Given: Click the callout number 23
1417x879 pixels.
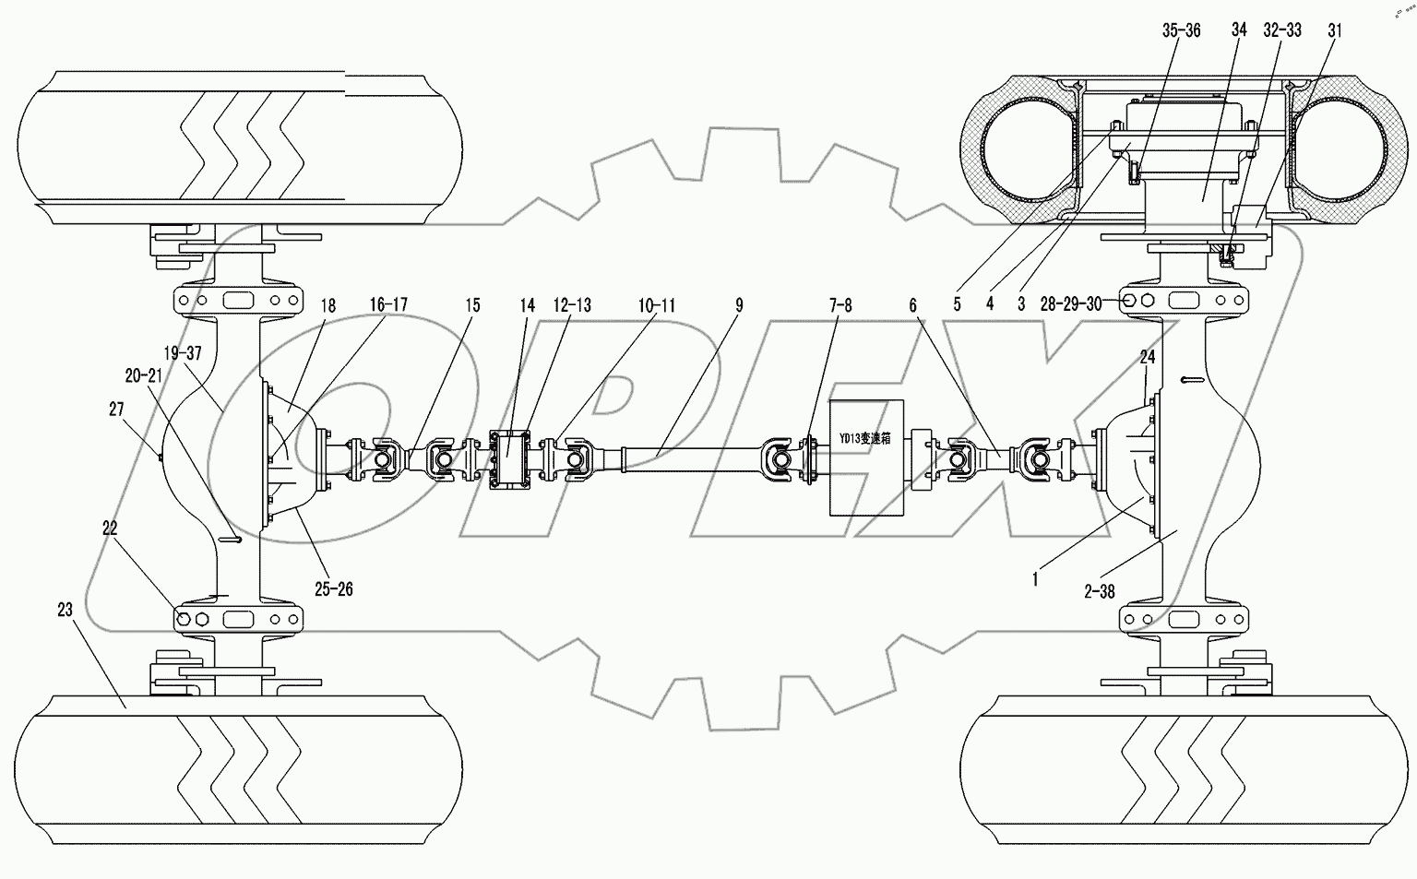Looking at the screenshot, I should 64,609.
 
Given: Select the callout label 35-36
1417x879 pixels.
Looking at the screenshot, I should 1181,31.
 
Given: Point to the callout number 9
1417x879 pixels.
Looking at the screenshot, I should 739,304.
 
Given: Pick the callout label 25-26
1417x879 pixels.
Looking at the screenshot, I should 332,588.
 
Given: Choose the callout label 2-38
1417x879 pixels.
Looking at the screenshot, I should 1099,592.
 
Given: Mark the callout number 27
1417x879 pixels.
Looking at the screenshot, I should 116,410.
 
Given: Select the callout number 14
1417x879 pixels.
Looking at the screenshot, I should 526,304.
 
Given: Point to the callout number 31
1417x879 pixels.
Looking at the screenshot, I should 1335,31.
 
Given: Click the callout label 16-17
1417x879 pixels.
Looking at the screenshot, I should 388,304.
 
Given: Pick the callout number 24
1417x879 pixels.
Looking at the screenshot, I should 1147,356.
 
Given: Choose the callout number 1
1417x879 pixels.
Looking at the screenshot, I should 1036,579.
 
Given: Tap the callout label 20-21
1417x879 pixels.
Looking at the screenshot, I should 143,375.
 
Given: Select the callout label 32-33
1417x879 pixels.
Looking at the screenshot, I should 1282,31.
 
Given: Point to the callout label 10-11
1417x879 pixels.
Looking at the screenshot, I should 655,304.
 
